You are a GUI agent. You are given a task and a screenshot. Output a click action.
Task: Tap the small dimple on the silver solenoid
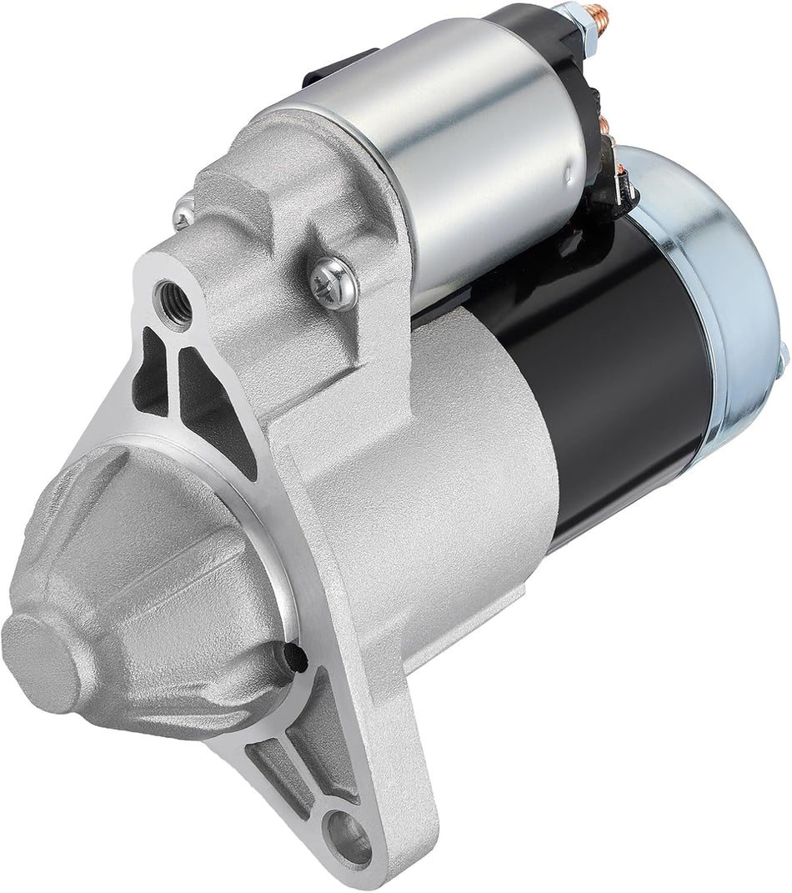[567, 175]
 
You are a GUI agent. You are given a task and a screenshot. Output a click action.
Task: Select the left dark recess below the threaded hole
[149, 367]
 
